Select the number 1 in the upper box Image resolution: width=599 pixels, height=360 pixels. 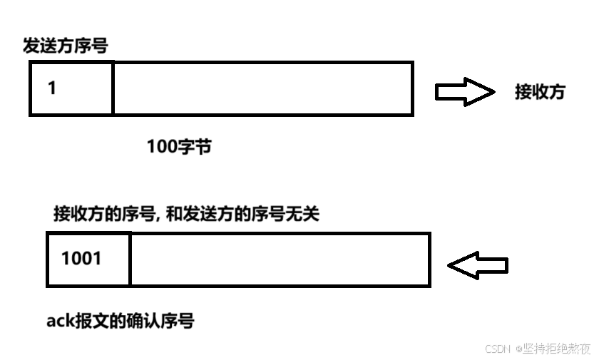click(52, 88)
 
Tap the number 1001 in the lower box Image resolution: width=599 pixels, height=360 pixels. click(81, 258)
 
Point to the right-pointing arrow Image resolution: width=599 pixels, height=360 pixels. click(464, 92)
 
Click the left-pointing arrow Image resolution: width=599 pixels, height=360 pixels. click(477, 265)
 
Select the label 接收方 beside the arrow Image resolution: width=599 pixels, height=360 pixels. click(540, 92)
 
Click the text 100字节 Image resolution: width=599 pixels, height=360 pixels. click(179, 147)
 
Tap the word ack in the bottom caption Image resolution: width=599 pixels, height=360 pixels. click(60, 322)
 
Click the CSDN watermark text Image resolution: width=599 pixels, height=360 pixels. click(498, 349)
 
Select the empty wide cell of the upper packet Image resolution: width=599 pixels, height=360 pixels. click(262, 88)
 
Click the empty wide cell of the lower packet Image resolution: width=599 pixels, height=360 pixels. click(280, 259)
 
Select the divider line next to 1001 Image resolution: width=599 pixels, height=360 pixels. click(130, 259)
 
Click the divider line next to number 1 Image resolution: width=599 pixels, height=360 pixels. click(113, 88)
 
